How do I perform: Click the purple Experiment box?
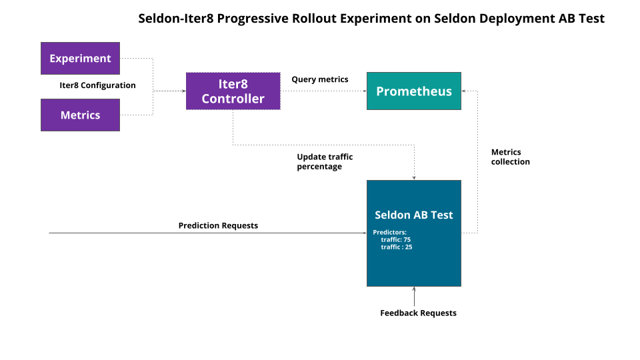[x=80, y=59]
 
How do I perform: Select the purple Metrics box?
[x=80, y=115]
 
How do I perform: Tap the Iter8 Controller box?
[x=233, y=91]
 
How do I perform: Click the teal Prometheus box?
[x=413, y=91]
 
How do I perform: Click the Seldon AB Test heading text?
[x=413, y=215]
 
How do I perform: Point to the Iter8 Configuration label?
[x=97, y=85]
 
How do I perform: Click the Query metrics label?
[x=319, y=79]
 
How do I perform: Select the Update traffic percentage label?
[x=325, y=161]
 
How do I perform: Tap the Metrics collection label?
[x=510, y=157]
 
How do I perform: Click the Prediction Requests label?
[x=218, y=225]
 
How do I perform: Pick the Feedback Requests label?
[x=418, y=313]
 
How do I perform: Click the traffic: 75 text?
[x=395, y=239]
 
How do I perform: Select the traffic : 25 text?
[x=396, y=247]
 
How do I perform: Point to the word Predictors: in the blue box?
[x=389, y=232]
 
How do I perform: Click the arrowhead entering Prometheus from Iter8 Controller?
[x=363, y=91]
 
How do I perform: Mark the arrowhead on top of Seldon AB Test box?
[x=414, y=177]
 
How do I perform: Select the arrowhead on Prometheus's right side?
[x=465, y=91]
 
